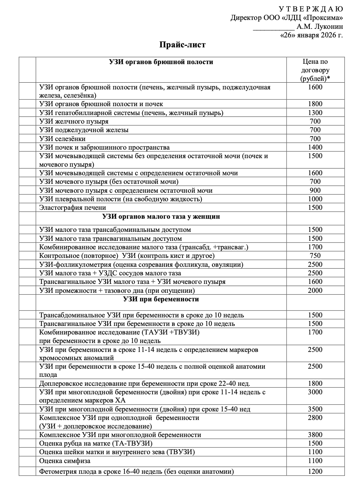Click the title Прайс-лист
pyautogui.click(x=182, y=45)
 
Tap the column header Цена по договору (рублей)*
pyautogui.click(x=315, y=70)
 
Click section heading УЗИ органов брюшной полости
pyautogui.click(x=161, y=62)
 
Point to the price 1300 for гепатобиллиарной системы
pyautogui.click(x=315, y=113)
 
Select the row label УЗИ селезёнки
pyautogui.click(x=62, y=139)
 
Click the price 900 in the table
pyautogui.click(x=315, y=190)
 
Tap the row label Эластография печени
pyautogui.click(x=73, y=207)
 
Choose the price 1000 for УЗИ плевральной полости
pyautogui.click(x=315, y=199)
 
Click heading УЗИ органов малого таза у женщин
pyautogui.click(x=161, y=216)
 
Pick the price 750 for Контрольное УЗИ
pyautogui.click(x=315, y=255)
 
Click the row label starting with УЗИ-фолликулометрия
pyautogui.click(x=141, y=264)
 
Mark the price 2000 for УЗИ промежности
pyautogui.click(x=315, y=290)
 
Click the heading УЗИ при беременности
pyautogui.click(x=161, y=299)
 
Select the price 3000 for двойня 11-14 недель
pyautogui.click(x=315, y=392)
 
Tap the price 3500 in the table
pyautogui.click(x=315, y=409)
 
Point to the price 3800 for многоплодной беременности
pyautogui.click(x=315, y=435)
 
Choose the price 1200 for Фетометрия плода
pyautogui.click(x=315, y=472)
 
